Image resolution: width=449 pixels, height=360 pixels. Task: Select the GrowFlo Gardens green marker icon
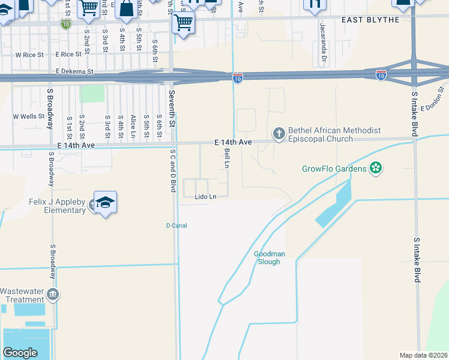[376, 169]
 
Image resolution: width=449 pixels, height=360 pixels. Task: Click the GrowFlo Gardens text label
[334, 169]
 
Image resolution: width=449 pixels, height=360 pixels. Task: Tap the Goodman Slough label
[270, 257]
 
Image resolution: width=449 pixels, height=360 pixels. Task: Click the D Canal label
[176, 226]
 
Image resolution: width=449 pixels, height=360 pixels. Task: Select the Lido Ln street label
[205, 196]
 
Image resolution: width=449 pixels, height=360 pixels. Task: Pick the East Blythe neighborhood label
[370, 20]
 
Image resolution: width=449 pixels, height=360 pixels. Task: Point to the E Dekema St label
[75, 71]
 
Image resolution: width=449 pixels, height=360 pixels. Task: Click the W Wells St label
[29, 116]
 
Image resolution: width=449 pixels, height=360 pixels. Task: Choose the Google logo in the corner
[20, 353]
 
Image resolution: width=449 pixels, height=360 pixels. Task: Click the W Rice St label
[30, 55]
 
